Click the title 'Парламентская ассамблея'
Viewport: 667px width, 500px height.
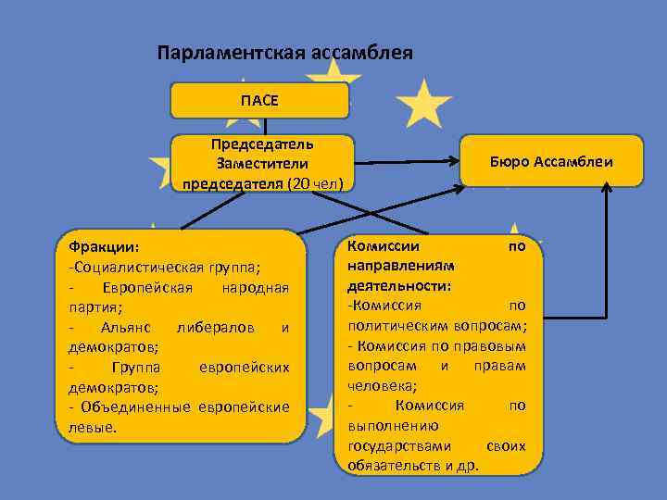[x=284, y=53]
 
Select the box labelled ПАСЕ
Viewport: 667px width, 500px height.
[x=259, y=100]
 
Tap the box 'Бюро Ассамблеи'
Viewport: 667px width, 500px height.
[x=552, y=161]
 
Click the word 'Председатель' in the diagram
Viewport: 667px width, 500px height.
[x=262, y=144]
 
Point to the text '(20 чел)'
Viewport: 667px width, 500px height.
[x=315, y=182]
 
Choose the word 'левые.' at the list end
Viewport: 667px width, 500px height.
[x=87, y=428]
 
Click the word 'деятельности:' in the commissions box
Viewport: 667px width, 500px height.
[x=399, y=285]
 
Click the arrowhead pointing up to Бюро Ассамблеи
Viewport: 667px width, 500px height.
[x=607, y=188]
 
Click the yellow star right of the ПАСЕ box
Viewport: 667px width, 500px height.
[x=422, y=103]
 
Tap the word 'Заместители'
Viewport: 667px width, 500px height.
[x=262, y=163]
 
